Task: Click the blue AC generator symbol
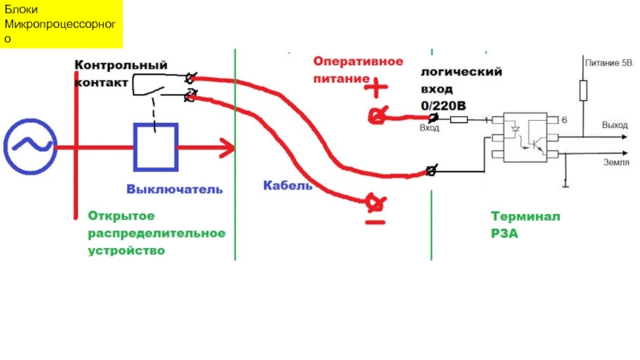tap(30, 146)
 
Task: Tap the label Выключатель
tap(174, 190)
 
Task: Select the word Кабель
tap(288, 185)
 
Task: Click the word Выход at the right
tap(615, 126)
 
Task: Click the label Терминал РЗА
tap(514, 226)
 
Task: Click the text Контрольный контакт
tap(120, 73)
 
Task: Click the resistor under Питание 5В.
tap(583, 89)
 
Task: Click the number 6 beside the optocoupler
tap(564, 120)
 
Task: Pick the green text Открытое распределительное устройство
tap(157, 233)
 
